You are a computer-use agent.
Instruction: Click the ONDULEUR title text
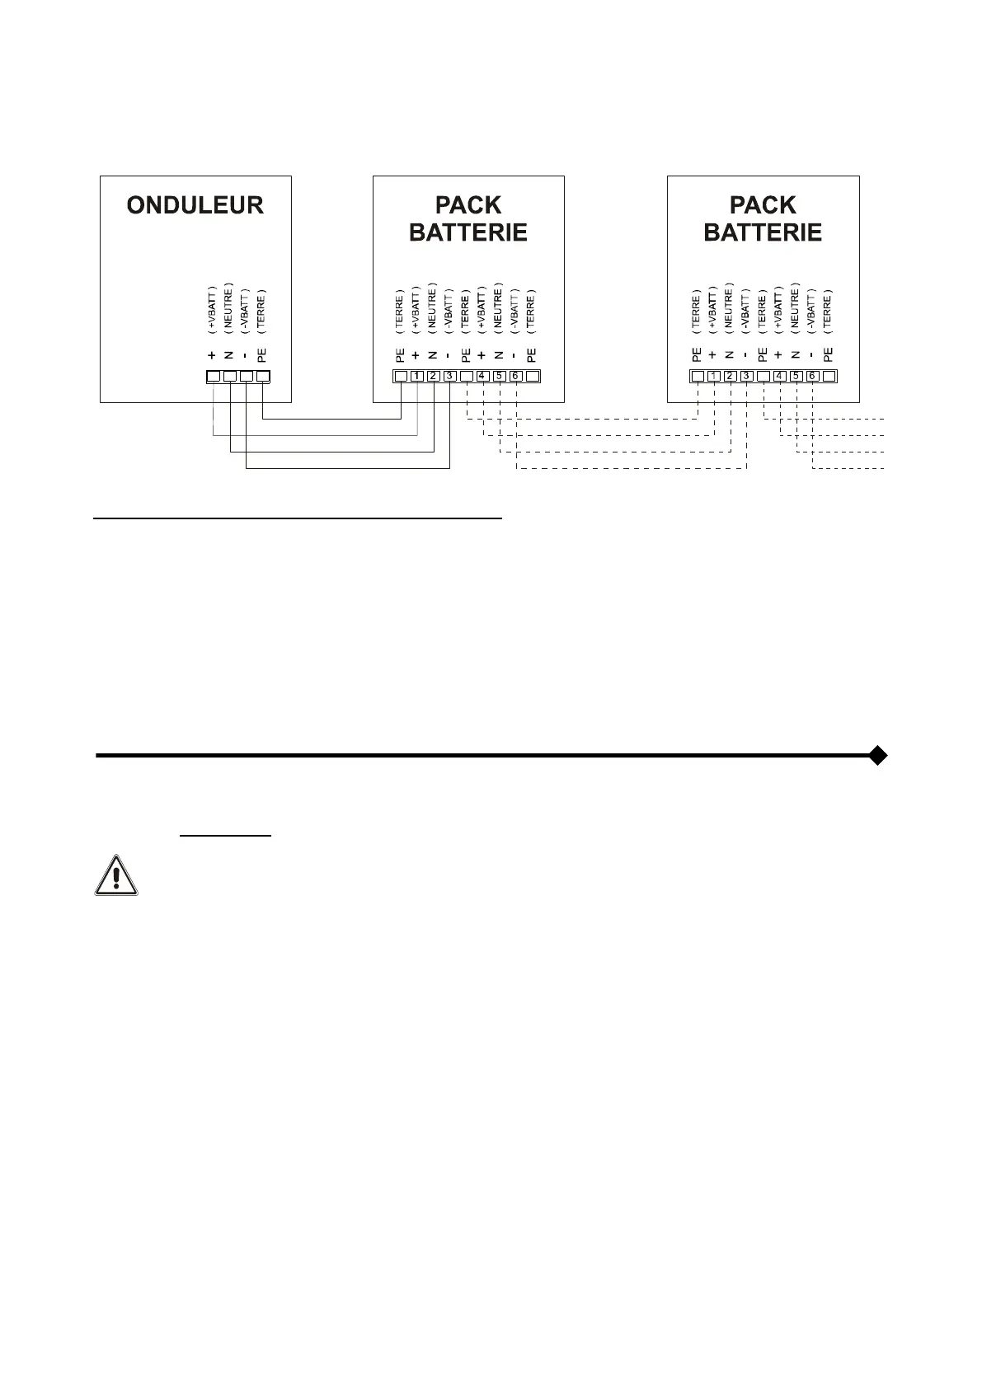[x=195, y=205]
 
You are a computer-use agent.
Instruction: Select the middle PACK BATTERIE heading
[x=468, y=218]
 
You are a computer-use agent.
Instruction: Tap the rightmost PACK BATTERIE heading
[x=763, y=218]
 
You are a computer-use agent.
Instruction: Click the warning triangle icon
[x=116, y=875]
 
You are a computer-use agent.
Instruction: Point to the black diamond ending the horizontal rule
[x=878, y=755]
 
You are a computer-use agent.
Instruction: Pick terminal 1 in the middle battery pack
[x=417, y=377]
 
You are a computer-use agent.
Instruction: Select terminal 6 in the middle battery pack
[x=515, y=377]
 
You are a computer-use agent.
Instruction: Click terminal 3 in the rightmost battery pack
[x=746, y=377]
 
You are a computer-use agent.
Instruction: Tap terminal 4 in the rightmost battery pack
[x=779, y=377]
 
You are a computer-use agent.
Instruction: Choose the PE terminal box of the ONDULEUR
[x=263, y=377]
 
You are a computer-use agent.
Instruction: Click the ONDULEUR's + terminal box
[x=213, y=377]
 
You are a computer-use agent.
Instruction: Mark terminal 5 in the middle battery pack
[x=499, y=377]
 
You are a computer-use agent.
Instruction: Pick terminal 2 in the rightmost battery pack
[x=730, y=377]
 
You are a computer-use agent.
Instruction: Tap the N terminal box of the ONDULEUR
[x=230, y=377]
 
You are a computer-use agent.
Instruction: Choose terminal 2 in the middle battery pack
[x=434, y=377]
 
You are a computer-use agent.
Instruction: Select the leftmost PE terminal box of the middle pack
[x=401, y=377]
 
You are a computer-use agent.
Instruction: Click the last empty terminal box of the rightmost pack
[x=829, y=377]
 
